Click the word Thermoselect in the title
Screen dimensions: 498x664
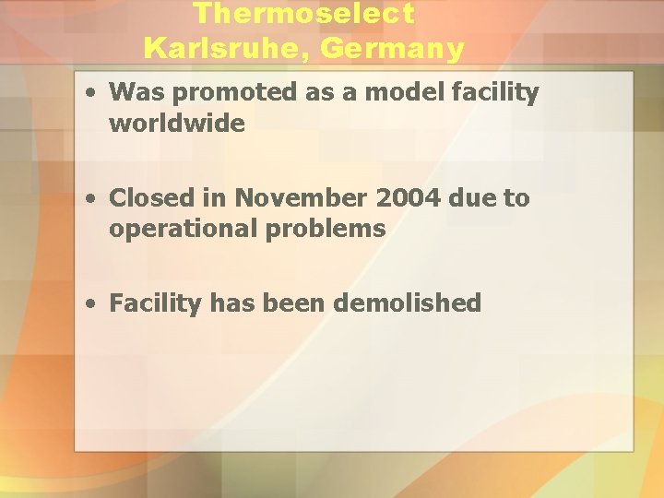point(304,14)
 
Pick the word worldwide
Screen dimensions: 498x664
point(177,123)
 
